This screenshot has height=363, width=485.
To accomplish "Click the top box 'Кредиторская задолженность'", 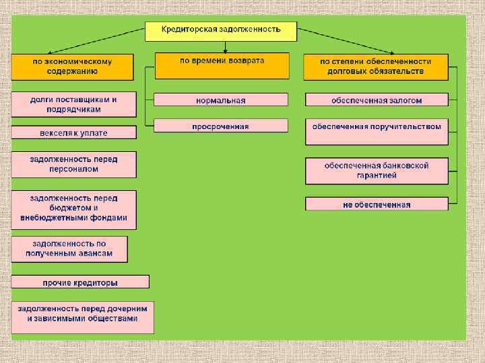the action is point(222,30).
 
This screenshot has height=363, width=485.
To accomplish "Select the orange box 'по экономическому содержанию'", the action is point(72,66).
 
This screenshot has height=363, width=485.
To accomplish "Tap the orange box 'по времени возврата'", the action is point(222,66).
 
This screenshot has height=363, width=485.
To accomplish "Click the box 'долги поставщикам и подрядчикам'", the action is point(73,104).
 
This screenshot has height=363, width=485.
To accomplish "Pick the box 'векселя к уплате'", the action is point(73,133).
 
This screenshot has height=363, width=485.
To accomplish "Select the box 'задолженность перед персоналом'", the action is point(73,165).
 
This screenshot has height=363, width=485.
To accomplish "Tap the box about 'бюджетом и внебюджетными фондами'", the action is point(73,209).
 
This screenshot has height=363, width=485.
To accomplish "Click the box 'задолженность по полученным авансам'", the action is point(69,249).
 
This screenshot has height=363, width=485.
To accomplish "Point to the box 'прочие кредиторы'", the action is point(80,282).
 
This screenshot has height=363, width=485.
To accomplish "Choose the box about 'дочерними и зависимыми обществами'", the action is point(82,317).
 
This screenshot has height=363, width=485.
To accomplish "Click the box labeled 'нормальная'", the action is point(221,100).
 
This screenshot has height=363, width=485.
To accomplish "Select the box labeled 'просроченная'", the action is point(221,126).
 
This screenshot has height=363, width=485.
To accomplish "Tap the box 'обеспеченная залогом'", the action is point(377,100).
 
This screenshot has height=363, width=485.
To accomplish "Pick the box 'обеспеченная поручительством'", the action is point(377,131).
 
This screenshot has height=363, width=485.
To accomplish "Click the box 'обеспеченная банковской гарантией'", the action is point(377,171).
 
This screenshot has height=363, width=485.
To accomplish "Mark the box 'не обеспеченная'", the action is point(377,204).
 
